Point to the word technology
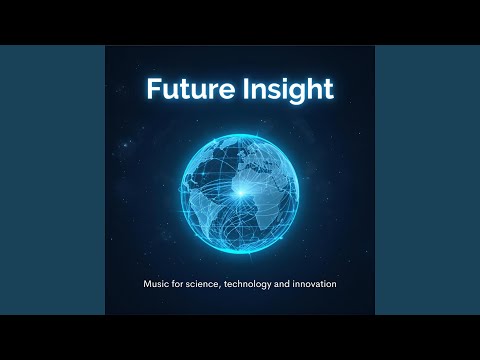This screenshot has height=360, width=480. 254,285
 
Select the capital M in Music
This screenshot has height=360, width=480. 146,285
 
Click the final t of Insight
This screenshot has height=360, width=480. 327,89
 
